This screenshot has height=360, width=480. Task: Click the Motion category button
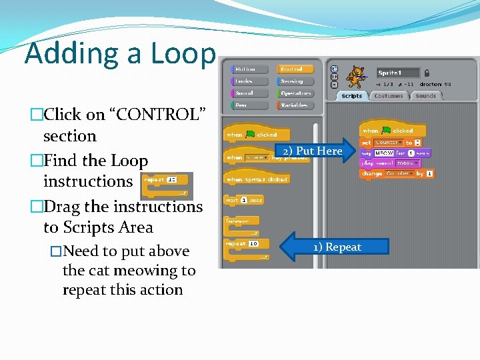(249, 69)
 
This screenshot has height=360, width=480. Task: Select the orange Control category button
(295, 69)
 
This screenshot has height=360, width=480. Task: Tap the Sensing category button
(295, 81)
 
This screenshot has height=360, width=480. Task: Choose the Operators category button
(295, 93)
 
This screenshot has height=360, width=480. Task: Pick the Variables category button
(295, 105)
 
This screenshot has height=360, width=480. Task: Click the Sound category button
(249, 93)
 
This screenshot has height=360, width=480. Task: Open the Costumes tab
(389, 96)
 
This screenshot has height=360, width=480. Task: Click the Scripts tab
(351, 96)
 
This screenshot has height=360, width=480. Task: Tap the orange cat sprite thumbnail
(357, 76)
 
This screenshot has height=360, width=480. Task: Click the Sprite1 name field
(398, 73)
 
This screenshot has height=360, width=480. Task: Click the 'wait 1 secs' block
(244, 200)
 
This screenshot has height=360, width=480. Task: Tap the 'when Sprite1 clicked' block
(257, 179)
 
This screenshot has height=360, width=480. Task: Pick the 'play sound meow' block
(390, 163)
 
